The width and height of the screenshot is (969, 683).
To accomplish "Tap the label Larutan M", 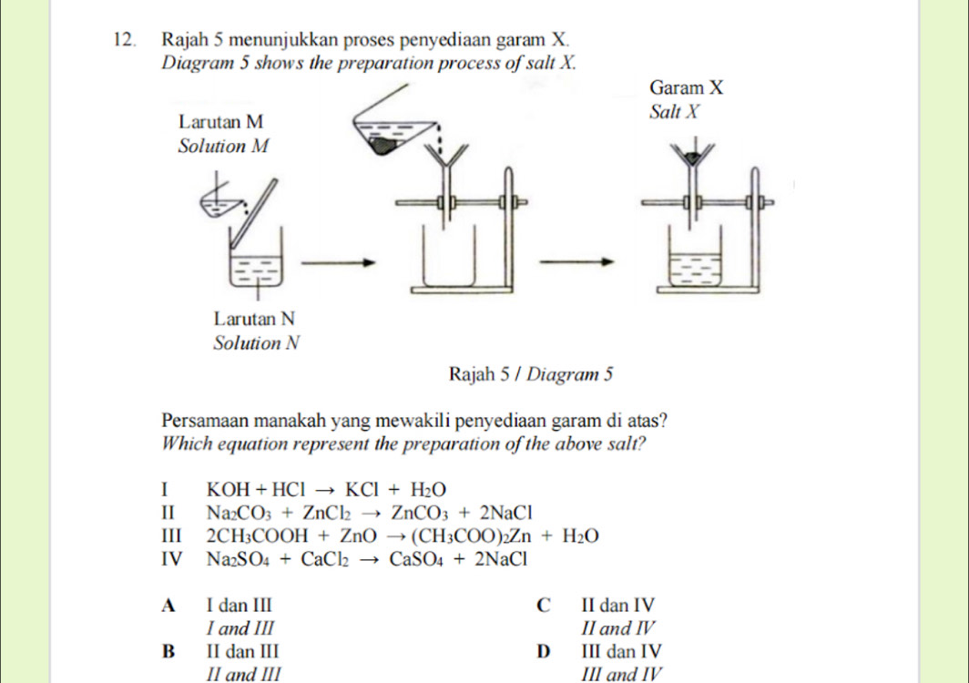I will (221, 121).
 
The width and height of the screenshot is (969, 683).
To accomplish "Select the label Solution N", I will (256, 343).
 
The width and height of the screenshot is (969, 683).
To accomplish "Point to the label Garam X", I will (688, 87).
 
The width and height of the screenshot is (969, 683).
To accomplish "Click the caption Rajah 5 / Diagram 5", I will (532, 372).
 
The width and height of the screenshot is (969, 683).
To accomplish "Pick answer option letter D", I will (545, 651).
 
